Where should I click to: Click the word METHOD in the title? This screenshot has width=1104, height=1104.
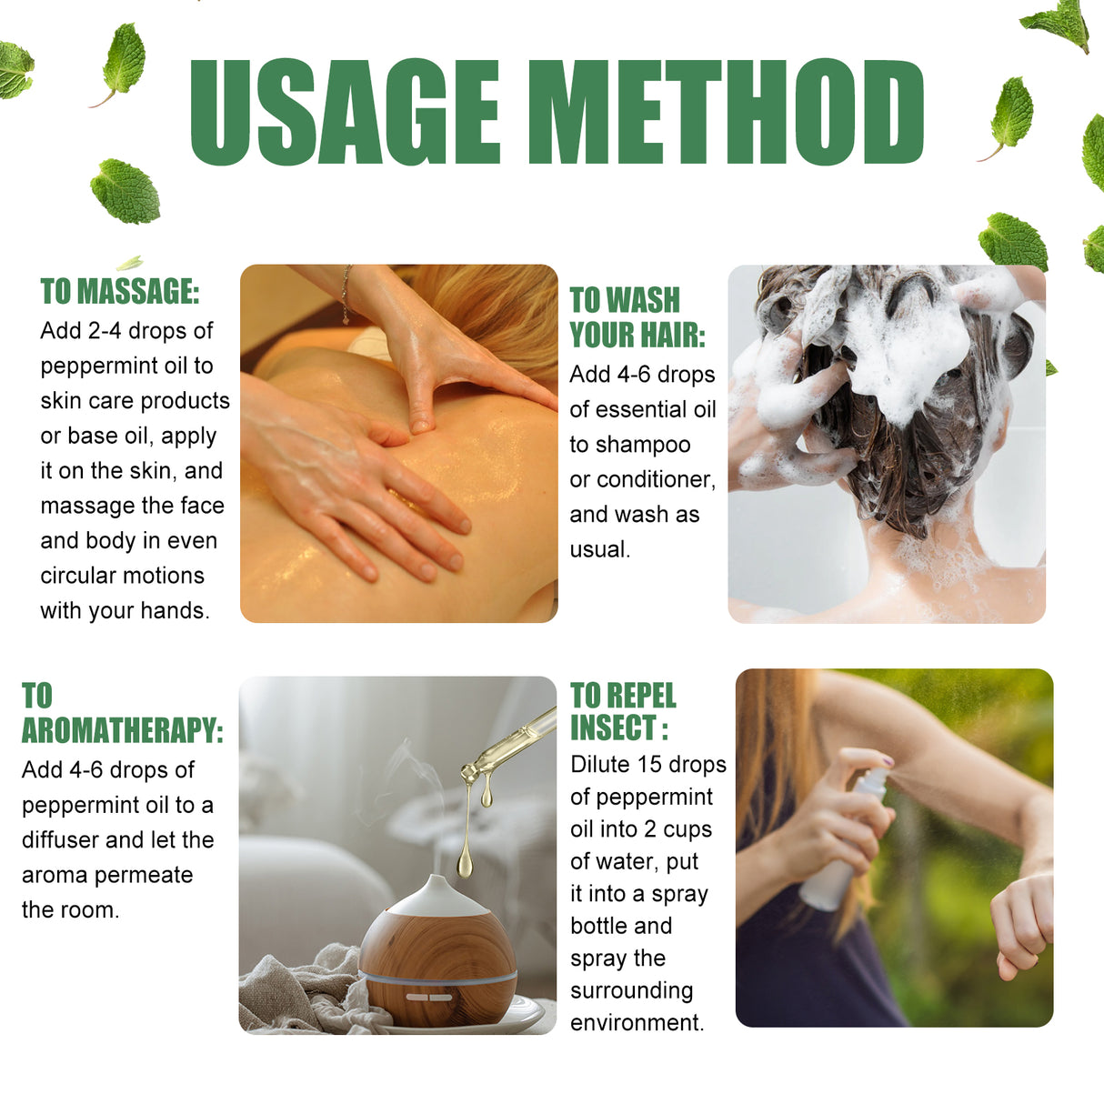[725, 113]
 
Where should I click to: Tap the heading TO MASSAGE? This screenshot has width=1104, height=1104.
[119, 292]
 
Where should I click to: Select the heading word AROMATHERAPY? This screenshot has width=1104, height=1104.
[122, 730]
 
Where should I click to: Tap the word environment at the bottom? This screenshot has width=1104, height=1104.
[636, 1023]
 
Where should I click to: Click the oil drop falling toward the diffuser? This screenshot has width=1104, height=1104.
[465, 860]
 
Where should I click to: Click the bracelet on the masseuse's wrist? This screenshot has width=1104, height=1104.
[346, 294]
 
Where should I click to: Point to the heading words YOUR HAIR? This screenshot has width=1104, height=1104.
[637, 335]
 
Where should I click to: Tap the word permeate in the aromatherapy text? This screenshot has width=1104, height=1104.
[149, 875]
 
